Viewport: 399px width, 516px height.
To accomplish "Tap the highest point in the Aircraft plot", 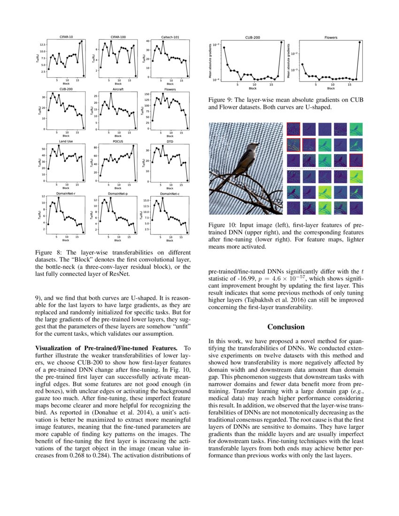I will pos(111,93).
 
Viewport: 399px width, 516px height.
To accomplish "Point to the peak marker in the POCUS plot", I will pos(133,145).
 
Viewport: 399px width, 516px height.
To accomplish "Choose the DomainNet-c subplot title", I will pos(169,193).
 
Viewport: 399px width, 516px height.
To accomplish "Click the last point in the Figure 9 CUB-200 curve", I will pos(282,42).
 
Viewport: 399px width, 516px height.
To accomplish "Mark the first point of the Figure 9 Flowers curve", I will pos(302,64).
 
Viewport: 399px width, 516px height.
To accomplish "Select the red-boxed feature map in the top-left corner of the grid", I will pos(293,129).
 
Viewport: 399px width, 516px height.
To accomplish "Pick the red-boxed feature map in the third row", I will pos(356,160).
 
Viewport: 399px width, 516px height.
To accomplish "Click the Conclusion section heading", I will pos(286,326).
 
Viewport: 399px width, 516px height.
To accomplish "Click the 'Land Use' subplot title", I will pos(66,141).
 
